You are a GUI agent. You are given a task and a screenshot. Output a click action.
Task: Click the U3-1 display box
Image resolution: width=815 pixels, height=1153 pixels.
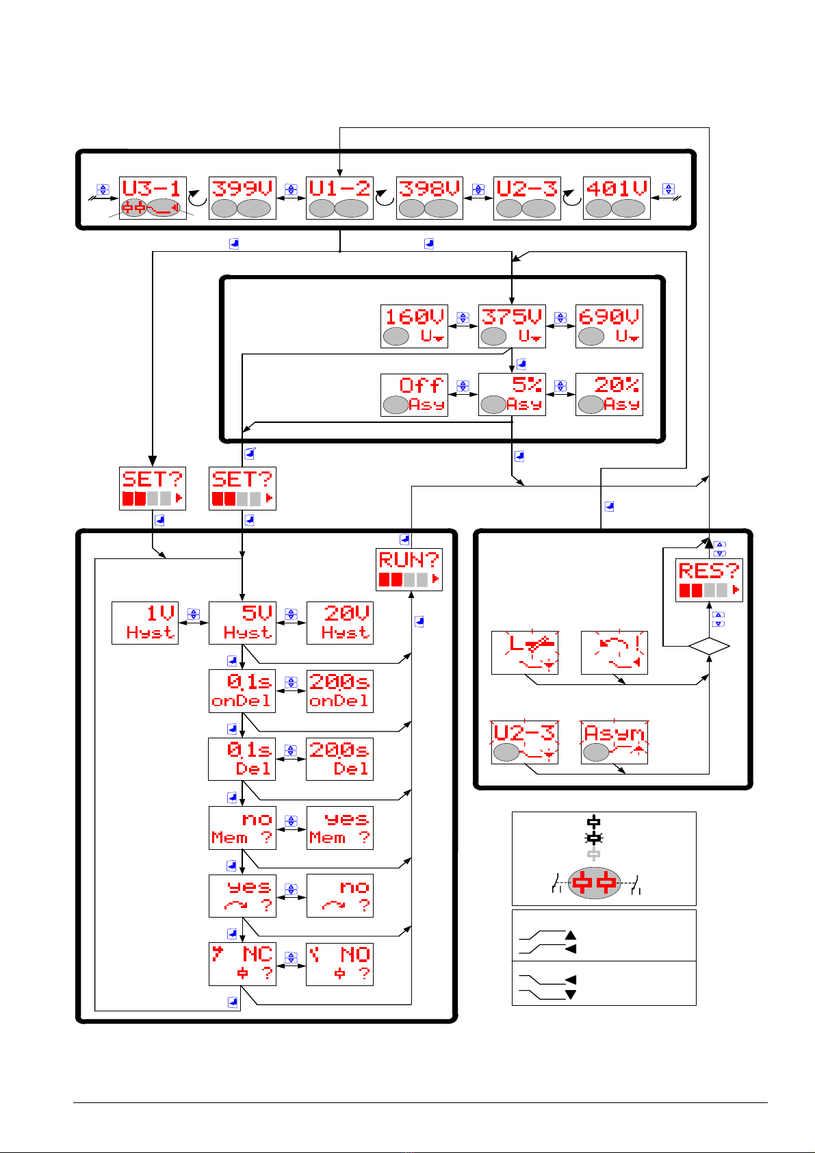point(153,198)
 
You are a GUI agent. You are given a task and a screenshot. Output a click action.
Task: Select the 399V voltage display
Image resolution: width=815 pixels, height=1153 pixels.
point(242,198)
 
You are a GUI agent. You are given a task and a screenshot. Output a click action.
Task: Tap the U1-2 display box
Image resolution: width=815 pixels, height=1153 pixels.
point(339,198)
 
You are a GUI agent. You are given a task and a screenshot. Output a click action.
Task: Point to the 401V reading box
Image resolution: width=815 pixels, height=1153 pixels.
point(617,198)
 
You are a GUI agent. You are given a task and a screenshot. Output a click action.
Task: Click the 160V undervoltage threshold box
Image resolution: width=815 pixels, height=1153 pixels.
point(414,326)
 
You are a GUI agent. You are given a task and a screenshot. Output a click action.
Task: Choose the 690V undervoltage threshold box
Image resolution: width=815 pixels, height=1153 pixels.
point(609,326)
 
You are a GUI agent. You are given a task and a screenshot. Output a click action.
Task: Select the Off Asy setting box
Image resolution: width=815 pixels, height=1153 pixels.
point(414,395)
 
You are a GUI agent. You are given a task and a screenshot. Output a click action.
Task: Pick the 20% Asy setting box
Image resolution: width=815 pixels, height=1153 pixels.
point(609,395)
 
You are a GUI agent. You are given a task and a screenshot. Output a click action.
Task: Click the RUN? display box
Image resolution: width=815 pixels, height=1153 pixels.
point(409,569)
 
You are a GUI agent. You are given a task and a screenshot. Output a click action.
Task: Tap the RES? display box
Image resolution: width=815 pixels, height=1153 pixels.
point(709,580)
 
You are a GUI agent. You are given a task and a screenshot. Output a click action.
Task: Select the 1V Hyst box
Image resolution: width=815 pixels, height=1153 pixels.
point(145,623)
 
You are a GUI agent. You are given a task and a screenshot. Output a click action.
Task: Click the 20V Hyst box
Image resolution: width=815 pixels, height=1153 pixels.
point(340,623)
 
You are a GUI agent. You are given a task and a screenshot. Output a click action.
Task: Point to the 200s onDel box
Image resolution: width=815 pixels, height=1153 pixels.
point(340,691)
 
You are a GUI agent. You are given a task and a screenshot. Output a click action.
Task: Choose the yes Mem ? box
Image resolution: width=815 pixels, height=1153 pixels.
point(340,828)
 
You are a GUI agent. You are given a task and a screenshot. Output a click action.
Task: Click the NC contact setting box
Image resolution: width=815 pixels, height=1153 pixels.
point(242,964)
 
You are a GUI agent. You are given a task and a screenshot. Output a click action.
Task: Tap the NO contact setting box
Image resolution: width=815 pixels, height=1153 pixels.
point(340,964)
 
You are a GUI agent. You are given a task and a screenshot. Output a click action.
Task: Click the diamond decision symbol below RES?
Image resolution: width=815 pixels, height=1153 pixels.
point(709,646)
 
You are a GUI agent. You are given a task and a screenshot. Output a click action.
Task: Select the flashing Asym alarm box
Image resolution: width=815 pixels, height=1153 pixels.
point(615,742)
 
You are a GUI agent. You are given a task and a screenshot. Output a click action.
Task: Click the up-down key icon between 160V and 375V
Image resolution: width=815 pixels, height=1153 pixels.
point(463,317)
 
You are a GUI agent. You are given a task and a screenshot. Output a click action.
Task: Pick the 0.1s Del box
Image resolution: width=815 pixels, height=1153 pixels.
point(242,760)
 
